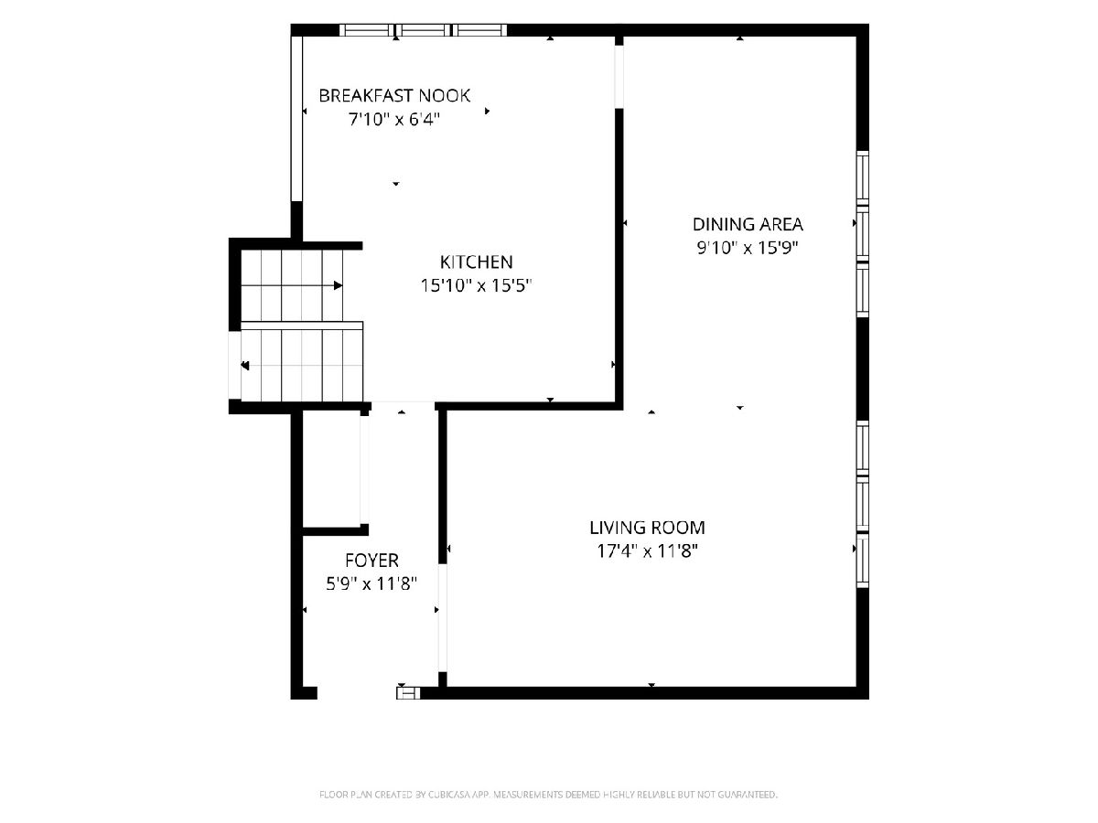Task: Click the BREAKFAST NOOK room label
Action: point(394,95)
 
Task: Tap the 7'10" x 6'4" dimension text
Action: point(394,120)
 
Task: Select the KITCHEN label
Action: point(476,262)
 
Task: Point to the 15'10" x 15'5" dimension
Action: point(476,286)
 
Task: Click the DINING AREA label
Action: point(748,224)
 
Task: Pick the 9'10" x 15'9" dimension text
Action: point(748,248)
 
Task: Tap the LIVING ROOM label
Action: point(647,528)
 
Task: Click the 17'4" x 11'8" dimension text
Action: point(647,551)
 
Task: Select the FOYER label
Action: point(371,561)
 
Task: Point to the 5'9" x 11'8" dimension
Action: point(371,583)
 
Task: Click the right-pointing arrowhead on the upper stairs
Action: point(339,285)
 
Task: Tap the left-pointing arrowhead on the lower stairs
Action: point(245,366)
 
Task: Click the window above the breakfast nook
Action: point(424,30)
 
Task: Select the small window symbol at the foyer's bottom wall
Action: point(408,693)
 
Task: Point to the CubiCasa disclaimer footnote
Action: point(548,794)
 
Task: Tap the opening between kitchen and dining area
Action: point(619,77)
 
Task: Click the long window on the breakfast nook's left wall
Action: point(296,119)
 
